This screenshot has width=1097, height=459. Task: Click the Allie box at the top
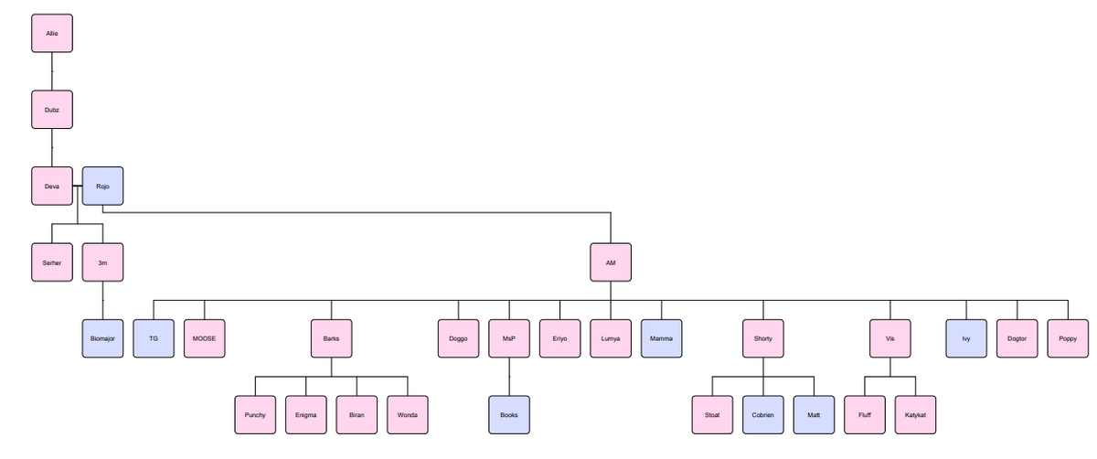[51, 34]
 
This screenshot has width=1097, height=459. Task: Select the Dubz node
[51, 110]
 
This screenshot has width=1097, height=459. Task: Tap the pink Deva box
[51, 187]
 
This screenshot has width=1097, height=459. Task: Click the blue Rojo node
[102, 187]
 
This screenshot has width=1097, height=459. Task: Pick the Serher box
[51, 262]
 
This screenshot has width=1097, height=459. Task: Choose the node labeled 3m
[102, 262]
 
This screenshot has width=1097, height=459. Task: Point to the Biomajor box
[102, 338]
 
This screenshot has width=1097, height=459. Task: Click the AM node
[611, 262]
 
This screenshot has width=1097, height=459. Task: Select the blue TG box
[154, 338]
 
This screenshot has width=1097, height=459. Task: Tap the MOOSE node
[204, 338]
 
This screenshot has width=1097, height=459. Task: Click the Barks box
[331, 338]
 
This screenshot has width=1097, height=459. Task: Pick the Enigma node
[306, 414]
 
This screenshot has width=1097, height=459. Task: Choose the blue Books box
[509, 414]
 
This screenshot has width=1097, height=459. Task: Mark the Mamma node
[661, 338]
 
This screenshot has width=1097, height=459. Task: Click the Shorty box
[763, 338]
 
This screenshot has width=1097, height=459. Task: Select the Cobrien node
[763, 414]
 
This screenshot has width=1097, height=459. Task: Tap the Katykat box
[915, 414]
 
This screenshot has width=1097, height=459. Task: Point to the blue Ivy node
[966, 338]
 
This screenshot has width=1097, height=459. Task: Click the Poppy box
[1068, 338]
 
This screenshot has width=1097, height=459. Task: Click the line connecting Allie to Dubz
[51, 71]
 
